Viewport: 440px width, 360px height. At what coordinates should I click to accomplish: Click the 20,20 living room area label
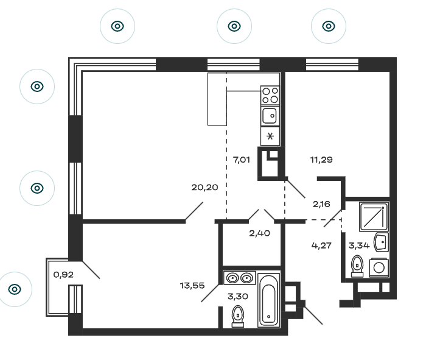pyautogui.click(x=204, y=187)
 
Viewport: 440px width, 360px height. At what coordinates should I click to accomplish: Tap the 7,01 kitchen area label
pyautogui.click(x=242, y=160)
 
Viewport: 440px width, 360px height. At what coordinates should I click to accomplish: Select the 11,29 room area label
pyautogui.click(x=321, y=160)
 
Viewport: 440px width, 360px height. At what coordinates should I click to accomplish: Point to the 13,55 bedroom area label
pyautogui.click(x=192, y=286)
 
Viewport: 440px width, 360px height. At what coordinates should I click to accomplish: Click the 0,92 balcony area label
pyautogui.click(x=63, y=274)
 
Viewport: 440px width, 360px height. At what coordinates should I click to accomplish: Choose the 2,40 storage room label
pyautogui.click(x=260, y=233)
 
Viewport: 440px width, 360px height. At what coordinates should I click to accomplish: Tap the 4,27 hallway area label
pyautogui.click(x=321, y=245)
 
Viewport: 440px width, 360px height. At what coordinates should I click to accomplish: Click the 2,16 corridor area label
pyautogui.click(x=321, y=204)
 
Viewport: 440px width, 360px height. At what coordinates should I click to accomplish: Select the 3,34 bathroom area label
pyautogui.click(x=359, y=245)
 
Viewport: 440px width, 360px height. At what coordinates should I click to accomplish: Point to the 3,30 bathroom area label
pyautogui.click(x=238, y=296)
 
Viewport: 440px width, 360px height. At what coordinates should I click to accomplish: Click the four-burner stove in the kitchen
pyautogui.click(x=270, y=96)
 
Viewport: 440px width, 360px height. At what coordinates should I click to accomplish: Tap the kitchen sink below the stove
pyautogui.click(x=270, y=116)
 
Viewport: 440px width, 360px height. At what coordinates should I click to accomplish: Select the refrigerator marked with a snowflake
pyautogui.click(x=270, y=136)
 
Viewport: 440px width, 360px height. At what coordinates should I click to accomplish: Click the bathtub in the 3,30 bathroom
pyautogui.click(x=269, y=300)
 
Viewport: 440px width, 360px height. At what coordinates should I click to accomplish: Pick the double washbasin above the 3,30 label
pyautogui.click(x=239, y=278)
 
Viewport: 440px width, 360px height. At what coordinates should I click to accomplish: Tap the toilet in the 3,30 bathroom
pyautogui.click(x=238, y=316)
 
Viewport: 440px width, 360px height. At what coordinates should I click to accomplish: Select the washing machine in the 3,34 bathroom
pyautogui.click(x=379, y=268)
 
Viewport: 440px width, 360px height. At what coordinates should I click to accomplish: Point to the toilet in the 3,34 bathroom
pyautogui.click(x=357, y=266)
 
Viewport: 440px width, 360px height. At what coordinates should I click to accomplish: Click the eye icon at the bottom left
pyautogui.click(x=15, y=289)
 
